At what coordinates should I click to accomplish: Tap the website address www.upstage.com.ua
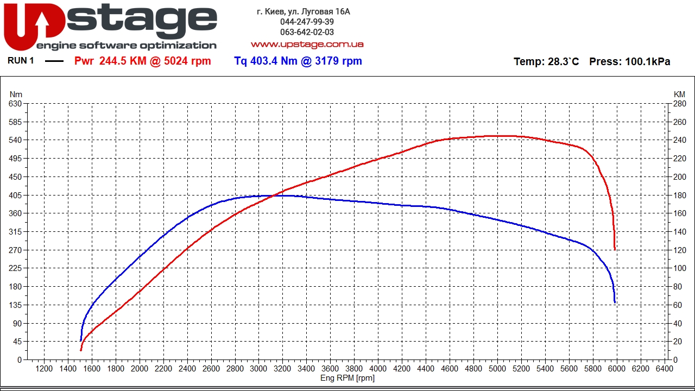pyautogui.click(x=307, y=45)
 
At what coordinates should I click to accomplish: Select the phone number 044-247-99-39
pyautogui.click(x=307, y=22)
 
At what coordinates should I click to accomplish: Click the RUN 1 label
pyautogui.click(x=21, y=61)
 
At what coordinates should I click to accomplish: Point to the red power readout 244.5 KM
pyautogui.click(x=123, y=61)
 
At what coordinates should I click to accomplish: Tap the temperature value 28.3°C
pyautogui.click(x=563, y=62)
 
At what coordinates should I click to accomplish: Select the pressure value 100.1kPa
pyautogui.click(x=647, y=62)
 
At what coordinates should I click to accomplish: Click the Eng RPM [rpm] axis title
pyautogui.click(x=347, y=378)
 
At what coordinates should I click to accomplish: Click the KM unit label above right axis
pyautogui.click(x=679, y=94)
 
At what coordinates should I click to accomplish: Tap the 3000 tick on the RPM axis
pyautogui.click(x=258, y=369)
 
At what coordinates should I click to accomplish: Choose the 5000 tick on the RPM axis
pyautogui.click(x=497, y=369)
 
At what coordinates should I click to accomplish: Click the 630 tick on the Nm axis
pyautogui.click(x=15, y=104)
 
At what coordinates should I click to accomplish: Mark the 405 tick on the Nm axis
pyautogui.click(x=15, y=195)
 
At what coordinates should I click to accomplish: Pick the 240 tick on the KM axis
pyautogui.click(x=679, y=140)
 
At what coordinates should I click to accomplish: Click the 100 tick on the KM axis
pyautogui.click(x=679, y=268)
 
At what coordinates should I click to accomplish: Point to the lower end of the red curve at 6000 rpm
pyautogui.click(x=615, y=249)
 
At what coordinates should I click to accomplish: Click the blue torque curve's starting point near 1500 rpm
pyautogui.click(x=81, y=340)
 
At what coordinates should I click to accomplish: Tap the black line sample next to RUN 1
pyautogui.click(x=54, y=61)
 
